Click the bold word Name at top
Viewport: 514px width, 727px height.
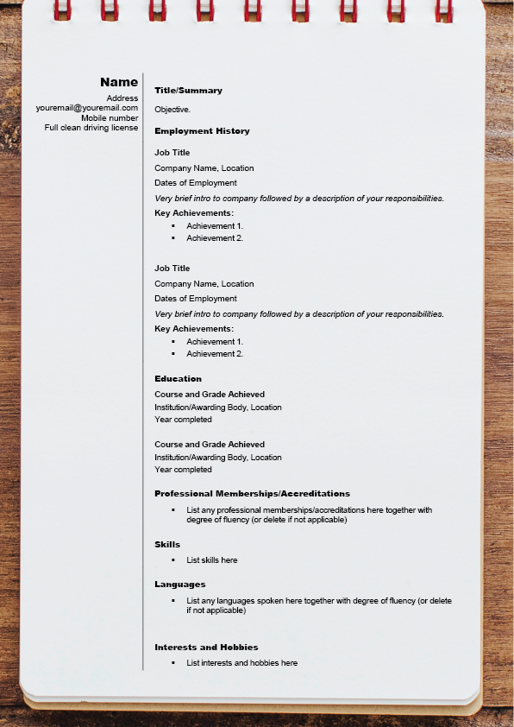point(119,82)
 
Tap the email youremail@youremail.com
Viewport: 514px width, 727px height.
point(87,108)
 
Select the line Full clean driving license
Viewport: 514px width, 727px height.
point(91,128)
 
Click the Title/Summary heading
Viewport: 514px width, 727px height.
point(188,91)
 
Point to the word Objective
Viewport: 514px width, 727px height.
point(172,110)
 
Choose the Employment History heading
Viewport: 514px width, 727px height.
point(202,131)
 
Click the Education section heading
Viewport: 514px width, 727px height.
point(178,379)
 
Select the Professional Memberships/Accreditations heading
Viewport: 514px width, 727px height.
point(252,494)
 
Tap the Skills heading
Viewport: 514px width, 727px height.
point(167,545)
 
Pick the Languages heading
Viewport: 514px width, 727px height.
point(180,585)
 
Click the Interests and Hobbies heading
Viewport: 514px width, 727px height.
point(206,648)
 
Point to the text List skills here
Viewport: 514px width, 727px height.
point(212,560)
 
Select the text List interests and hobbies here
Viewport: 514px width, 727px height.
point(242,663)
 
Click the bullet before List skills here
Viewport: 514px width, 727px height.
point(173,560)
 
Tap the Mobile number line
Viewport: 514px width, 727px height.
point(110,117)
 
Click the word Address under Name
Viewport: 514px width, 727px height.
point(122,98)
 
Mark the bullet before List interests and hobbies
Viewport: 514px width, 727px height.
point(173,663)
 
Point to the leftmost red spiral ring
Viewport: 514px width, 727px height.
point(62,9)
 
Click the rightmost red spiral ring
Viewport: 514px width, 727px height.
point(443,9)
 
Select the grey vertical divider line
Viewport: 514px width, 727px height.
point(143,371)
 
